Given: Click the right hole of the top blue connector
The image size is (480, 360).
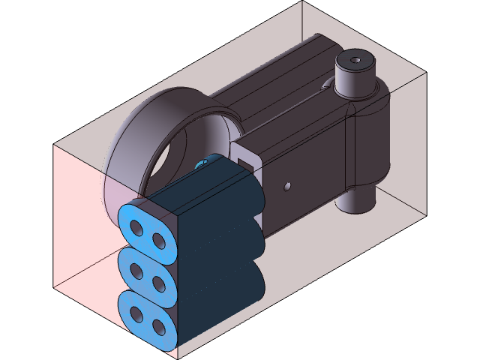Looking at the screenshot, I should tap(159, 240).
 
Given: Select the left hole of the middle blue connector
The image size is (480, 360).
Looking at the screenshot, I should tap(136, 271).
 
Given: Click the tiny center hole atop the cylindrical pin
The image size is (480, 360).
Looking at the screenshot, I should tap(355, 59).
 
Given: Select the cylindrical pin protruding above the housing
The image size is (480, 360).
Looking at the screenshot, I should tap(355, 75).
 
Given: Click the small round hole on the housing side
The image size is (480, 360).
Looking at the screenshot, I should tap(286, 186).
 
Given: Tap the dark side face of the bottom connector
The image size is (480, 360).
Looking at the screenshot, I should tap(217, 300).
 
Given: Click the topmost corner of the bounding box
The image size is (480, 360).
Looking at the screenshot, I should tap(302, 2).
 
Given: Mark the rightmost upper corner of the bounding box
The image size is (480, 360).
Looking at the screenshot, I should tap(426, 73).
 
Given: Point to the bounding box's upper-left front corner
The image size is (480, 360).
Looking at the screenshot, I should tap(53, 145).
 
